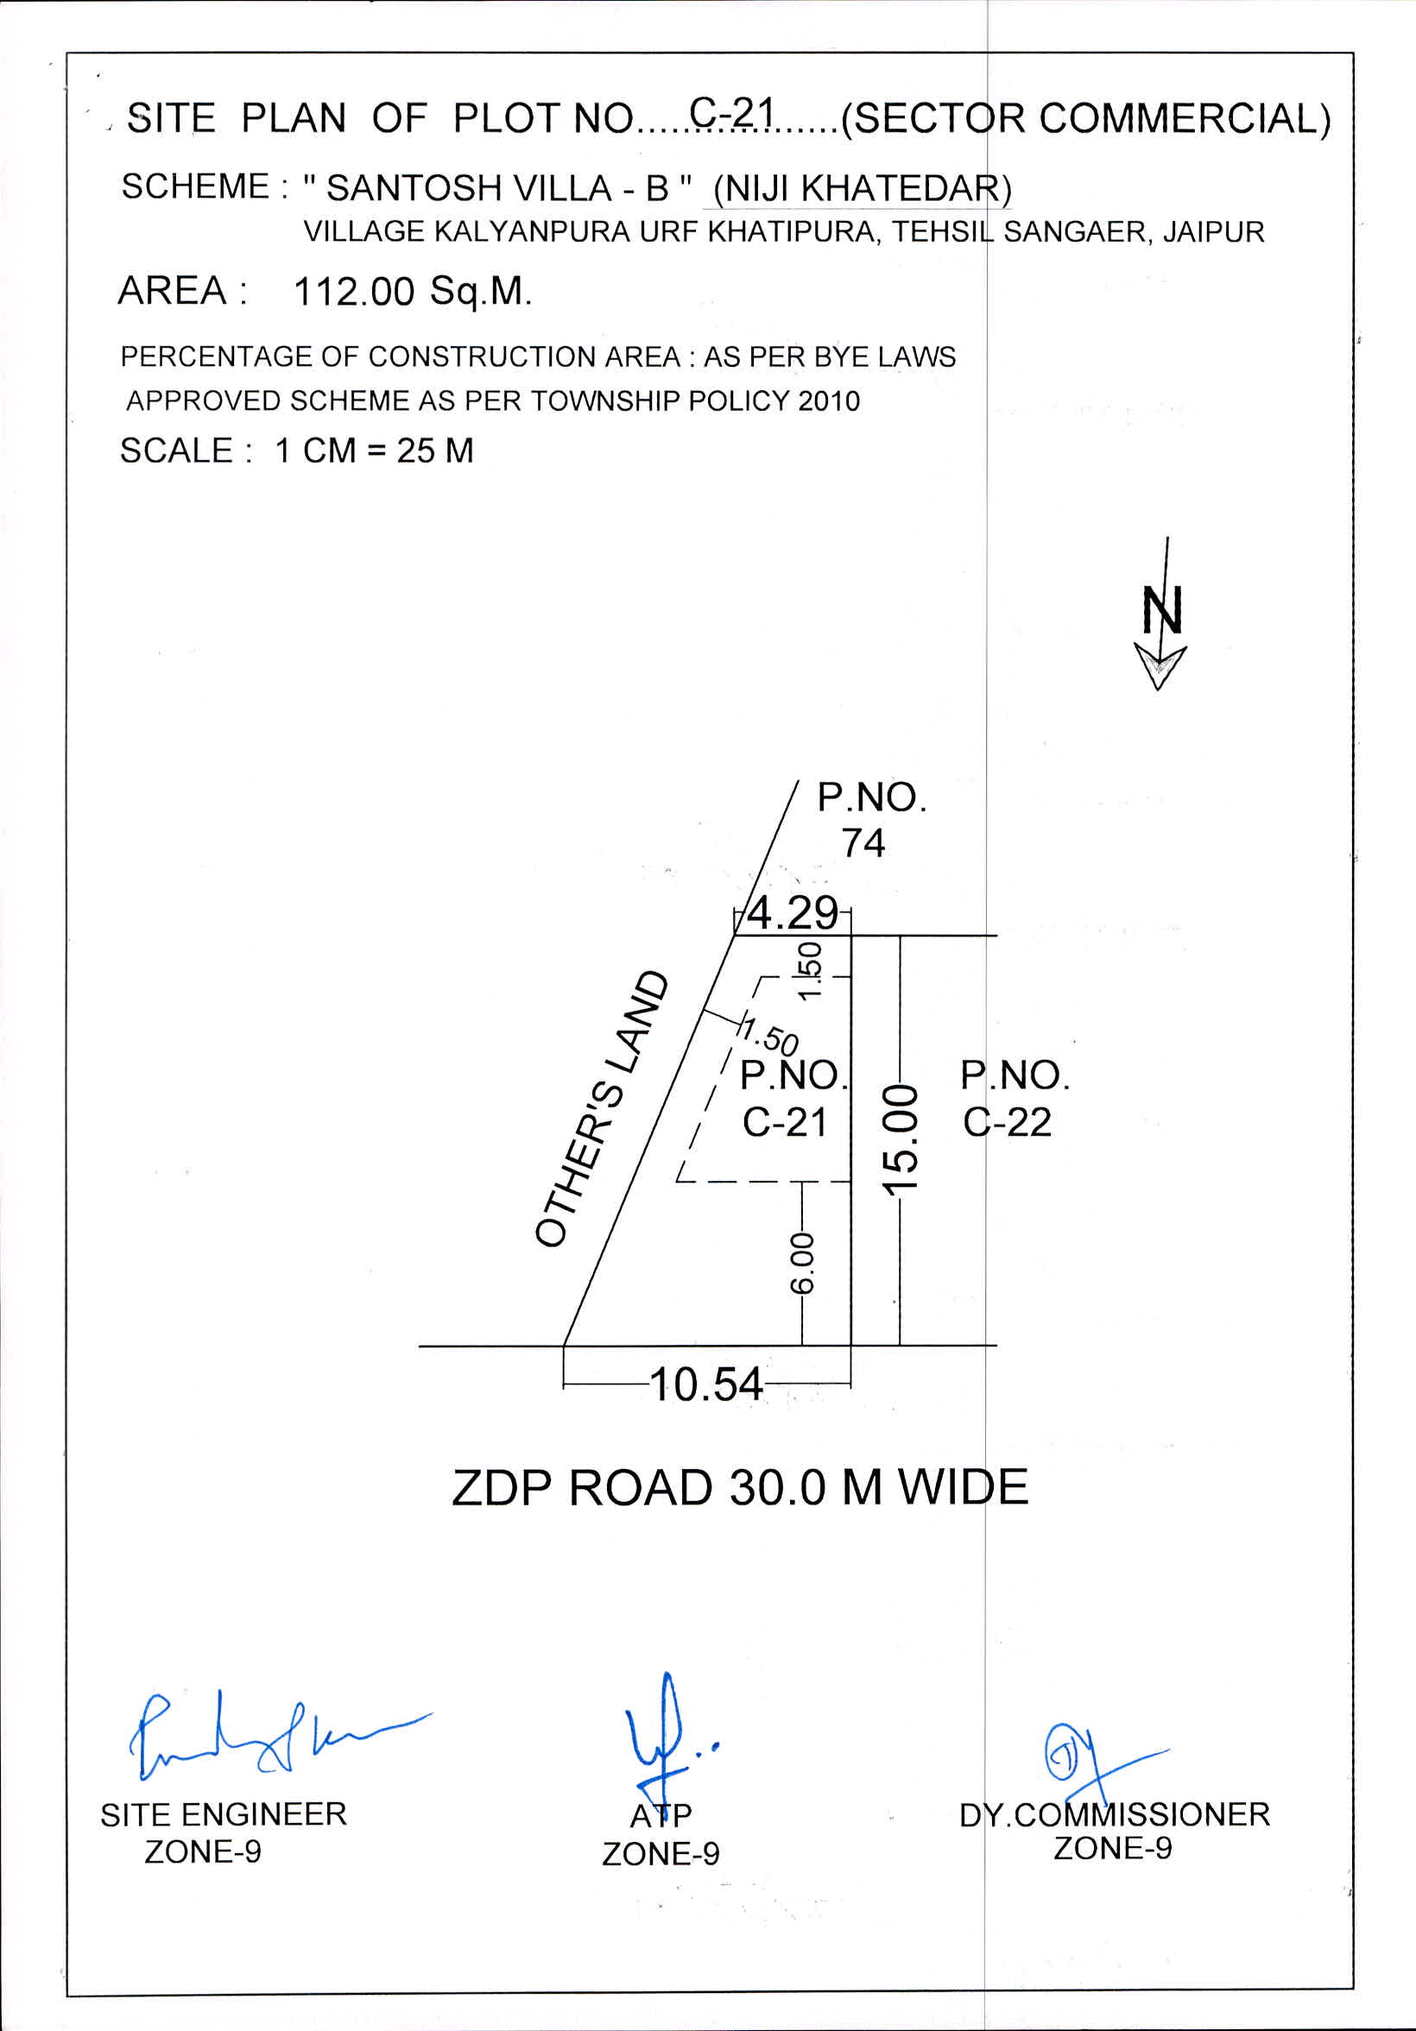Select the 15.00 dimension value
[901, 1140]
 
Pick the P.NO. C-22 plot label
[1015, 1100]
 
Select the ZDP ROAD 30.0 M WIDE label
[740, 1488]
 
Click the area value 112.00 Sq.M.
[413, 291]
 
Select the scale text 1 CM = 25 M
[375, 451]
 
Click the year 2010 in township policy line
[828, 401]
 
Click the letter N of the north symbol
[1162, 609]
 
